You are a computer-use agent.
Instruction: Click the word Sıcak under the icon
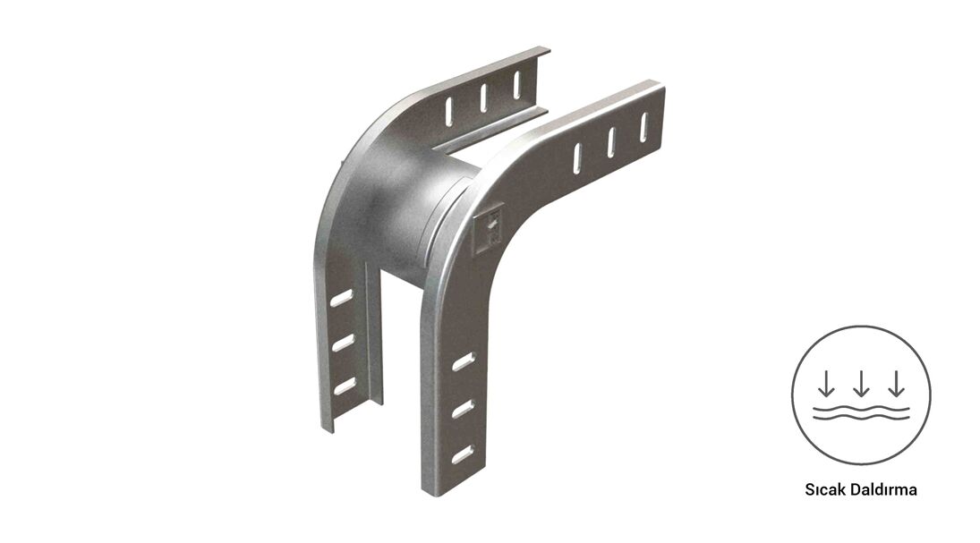click(825, 489)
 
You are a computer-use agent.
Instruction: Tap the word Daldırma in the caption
click(883, 489)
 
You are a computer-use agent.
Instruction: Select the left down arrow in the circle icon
click(826, 383)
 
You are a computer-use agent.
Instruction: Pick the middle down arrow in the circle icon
click(861, 383)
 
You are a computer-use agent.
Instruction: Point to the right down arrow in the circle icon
click(896, 383)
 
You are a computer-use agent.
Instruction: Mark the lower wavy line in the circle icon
click(861, 417)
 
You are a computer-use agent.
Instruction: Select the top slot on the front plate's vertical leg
click(463, 361)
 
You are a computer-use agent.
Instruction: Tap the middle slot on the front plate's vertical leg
click(463, 410)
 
